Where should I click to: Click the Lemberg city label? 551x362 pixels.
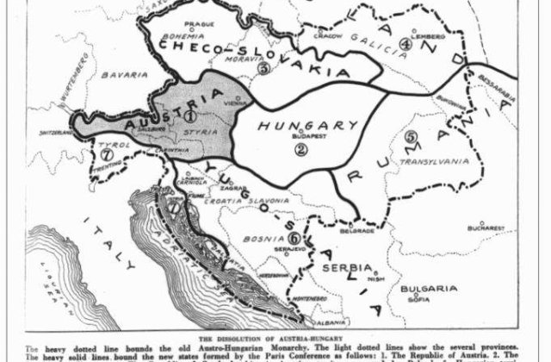(432, 38)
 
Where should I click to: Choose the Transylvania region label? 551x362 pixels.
(432, 160)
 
